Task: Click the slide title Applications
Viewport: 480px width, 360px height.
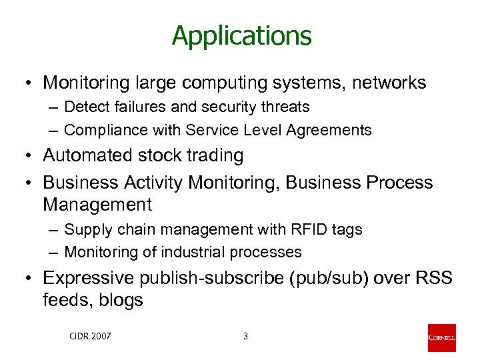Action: click(241, 35)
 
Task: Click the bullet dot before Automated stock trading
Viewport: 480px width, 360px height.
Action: click(28, 156)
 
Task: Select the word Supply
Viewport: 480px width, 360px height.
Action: click(86, 229)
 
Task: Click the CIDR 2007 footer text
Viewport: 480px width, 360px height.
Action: click(90, 336)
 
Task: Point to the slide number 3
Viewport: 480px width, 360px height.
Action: click(245, 336)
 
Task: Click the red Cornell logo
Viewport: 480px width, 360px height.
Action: click(442, 337)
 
